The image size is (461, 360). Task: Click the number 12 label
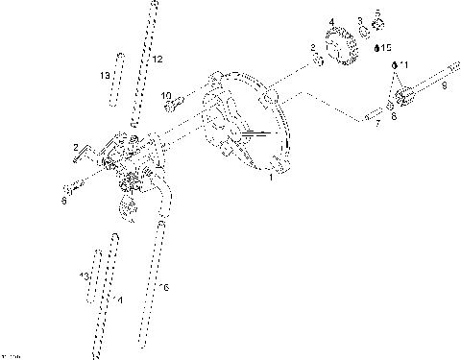(158, 60)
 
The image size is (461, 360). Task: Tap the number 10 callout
(165, 95)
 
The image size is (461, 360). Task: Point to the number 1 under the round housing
(271, 178)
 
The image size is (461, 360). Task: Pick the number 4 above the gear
(331, 22)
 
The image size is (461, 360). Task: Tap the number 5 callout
(377, 12)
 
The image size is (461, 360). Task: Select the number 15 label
(386, 46)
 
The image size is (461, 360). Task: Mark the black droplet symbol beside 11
(393, 63)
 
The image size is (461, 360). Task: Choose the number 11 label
(403, 63)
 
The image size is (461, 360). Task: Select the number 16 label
(164, 287)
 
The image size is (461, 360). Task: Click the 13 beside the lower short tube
(85, 276)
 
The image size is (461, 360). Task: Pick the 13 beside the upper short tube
(106, 75)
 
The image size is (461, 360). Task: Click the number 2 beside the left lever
(75, 146)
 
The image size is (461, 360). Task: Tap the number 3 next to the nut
(359, 20)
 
